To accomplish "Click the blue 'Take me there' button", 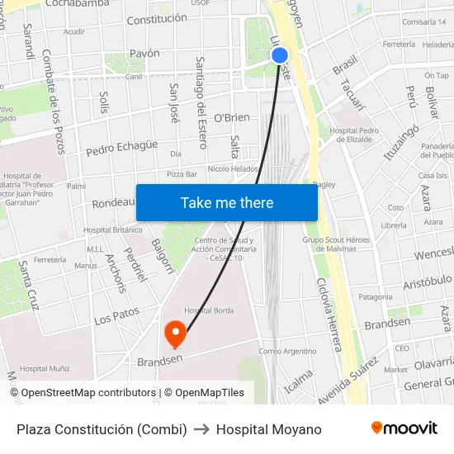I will point(227,202).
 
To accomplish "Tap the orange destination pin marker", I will point(176,333).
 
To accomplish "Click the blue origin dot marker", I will point(280,55).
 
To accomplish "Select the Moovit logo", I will point(404,428).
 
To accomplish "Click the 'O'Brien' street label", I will point(231,118).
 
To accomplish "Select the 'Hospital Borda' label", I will point(209,310).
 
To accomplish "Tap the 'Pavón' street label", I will point(144,53).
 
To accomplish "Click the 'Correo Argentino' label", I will point(287,351).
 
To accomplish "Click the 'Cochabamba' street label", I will point(78,4).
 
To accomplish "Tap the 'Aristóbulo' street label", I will point(427,282).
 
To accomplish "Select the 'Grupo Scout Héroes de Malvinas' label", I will point(337,244).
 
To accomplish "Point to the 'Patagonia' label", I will point(376,296).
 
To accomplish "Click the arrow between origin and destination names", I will point(201,429).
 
